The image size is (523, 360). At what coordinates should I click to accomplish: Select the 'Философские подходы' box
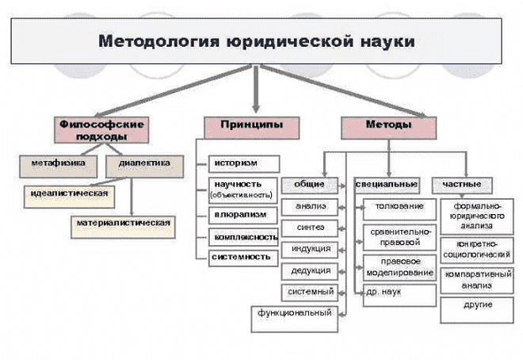coord(103,130)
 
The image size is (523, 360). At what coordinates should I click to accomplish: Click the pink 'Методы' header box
coord(388,125)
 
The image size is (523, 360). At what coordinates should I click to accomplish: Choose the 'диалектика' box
coord(143,165)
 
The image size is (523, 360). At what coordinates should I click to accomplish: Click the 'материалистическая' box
coord(124,222)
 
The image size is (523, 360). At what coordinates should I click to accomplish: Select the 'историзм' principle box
coord(243,164)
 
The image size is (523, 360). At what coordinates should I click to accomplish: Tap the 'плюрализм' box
coord(243,215)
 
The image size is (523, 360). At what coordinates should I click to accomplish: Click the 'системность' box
coord(243,257)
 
